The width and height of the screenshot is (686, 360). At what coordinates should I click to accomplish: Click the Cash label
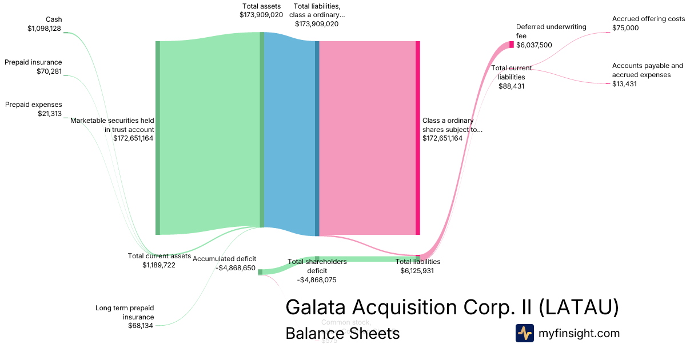pyautogui.click(x=54, y=19)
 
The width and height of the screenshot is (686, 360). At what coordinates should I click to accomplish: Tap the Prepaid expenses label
pyautogui.click(x=33, y=105)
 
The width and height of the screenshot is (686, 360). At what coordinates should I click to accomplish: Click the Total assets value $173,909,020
pyautogui.click(x=261, y=15)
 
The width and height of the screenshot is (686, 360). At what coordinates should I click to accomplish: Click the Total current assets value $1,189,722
pyautogui.click(x=159, y=265)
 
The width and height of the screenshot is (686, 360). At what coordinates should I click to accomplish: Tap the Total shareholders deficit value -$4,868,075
pyautogui.click(x=317, y=280)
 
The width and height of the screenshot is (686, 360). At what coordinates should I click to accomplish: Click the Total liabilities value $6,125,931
pyautogui.click(x=417, y=271)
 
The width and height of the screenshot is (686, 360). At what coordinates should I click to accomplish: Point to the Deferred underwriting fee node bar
pyautogui.click(x=512, y=45)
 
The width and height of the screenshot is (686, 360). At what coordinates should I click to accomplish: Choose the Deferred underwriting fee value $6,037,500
pyautogui.click(x=534, y=45)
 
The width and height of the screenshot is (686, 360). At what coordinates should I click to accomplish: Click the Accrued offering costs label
pyautogui.click(x=648, y=19)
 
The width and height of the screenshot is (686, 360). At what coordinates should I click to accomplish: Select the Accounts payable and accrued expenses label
pyautogui.click(x=647, y=70)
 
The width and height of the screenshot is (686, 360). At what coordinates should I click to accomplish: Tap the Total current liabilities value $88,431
pyautogui.click(x=511, y=86)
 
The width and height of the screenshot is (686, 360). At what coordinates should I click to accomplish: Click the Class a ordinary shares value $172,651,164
pyautogui.click(x=442, y=138)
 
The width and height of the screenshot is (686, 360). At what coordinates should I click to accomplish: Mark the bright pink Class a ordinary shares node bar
pyautogui.click(x=418, y=138)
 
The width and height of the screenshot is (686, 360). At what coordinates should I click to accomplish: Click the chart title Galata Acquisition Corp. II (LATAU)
pyautogui.click(x=452, y=307)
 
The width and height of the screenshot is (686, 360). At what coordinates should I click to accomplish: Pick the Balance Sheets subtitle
pyautogui.click(x=342, y=333)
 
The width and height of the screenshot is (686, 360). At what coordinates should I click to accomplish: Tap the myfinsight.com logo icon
pyautogui.click(x=524, y=333)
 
